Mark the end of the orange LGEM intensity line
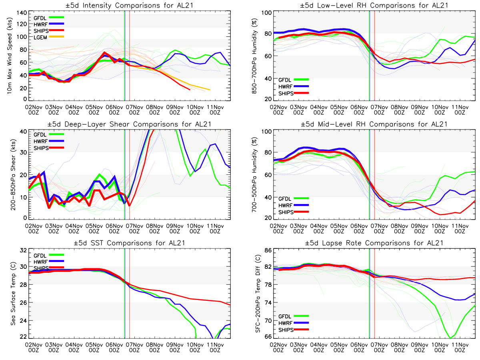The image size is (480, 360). click(x=210, y=90)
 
